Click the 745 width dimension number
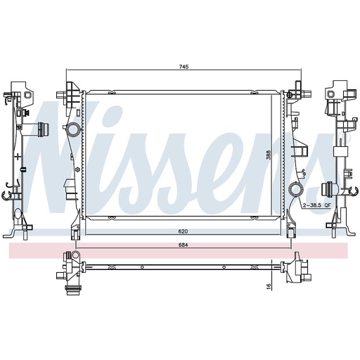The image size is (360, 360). coord(184,67)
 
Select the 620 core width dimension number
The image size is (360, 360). coord(183,231)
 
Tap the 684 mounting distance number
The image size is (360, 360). coord(183,245)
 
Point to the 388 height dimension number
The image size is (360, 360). coord(269,155)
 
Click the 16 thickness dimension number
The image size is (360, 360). coord(269,285)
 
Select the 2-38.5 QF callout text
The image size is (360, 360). coord(316,205)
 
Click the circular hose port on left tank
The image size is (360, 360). coord(73,129)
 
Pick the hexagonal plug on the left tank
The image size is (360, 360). coord(77,169)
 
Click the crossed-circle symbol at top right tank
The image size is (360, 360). coord(290,95)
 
